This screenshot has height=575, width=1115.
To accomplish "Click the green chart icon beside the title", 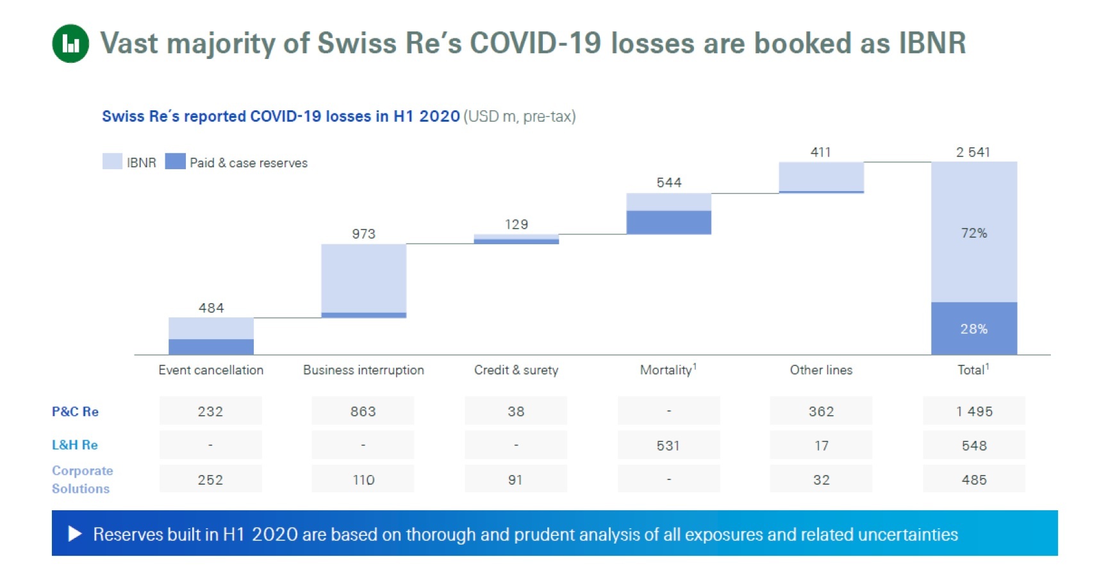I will tap(70, 44).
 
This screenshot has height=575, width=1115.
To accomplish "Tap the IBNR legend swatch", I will tap(112, 162).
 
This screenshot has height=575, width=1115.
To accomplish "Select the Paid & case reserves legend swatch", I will tap(175, 162).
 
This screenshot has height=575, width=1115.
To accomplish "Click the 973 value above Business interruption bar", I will tap(363, 234).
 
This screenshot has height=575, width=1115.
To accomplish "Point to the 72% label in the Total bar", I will tap(973, 233).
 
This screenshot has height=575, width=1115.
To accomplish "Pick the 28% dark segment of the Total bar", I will tap(973, 329).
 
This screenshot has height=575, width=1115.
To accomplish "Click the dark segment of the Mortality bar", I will tap(668, 222).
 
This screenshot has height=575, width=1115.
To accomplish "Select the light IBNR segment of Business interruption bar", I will tap(363, 278).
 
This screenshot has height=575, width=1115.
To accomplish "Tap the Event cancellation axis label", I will tap(211, 370).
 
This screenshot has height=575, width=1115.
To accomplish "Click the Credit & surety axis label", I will tap(516, 370).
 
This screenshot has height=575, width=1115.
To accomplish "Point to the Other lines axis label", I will tap(821, 370).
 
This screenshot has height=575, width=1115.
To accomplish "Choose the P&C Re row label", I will tap(75, 412).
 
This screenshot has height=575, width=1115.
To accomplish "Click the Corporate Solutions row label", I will tap(82, 479).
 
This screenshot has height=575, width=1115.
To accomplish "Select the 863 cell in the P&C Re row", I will tap(363, 412).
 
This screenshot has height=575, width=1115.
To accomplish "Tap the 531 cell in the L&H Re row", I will tap(668, 446).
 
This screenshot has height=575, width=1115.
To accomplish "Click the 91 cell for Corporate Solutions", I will tap(515, 479).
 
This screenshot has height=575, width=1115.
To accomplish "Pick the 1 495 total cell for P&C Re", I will tap(974, 412).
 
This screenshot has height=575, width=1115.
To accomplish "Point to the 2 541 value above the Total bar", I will tap(973, 153).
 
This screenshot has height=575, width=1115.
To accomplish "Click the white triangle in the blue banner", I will tap(75, 533).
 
